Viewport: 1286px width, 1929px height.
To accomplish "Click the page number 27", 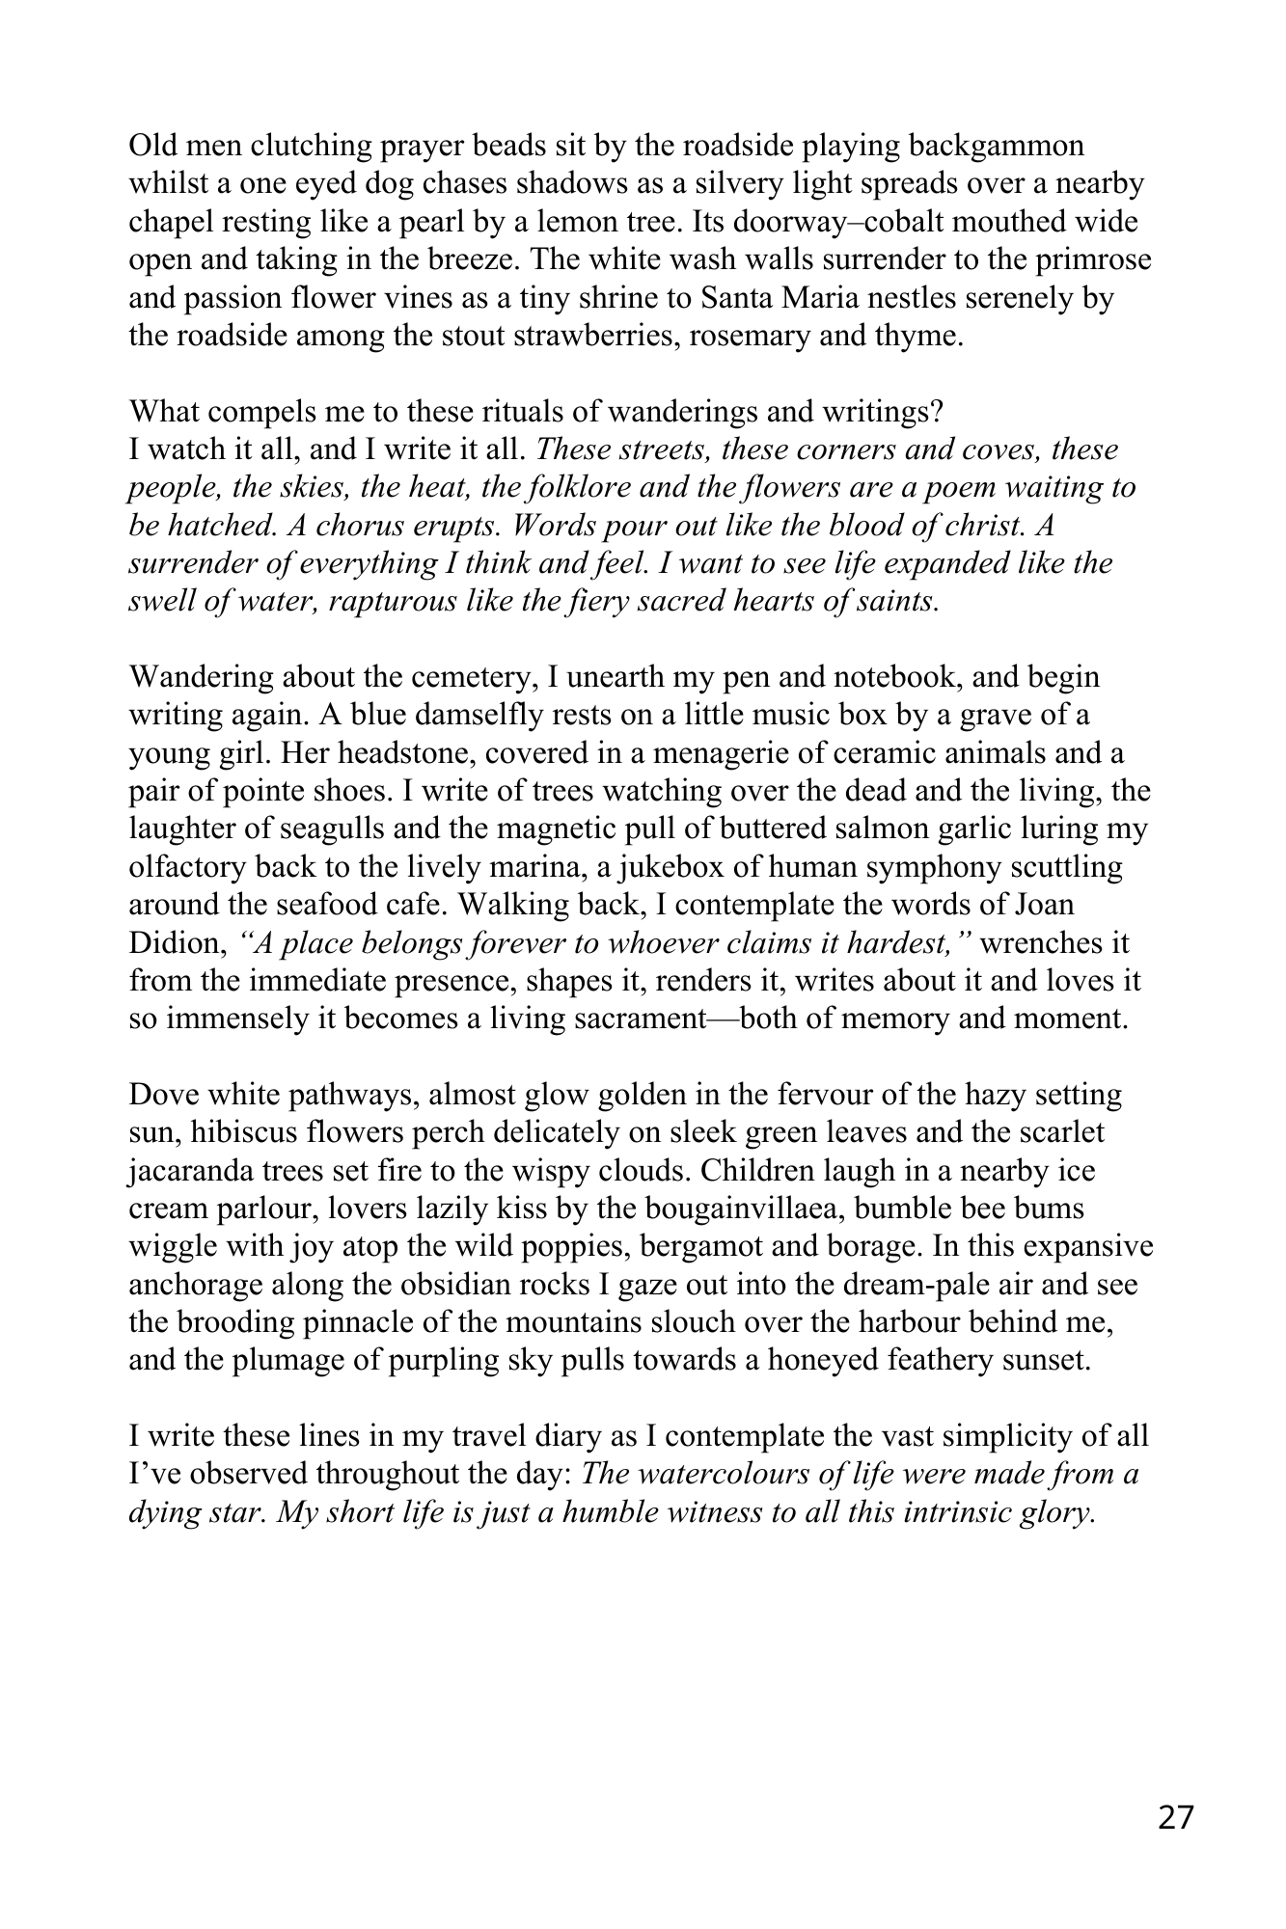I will [x=1175, y=1818].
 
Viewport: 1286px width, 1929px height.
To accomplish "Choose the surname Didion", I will [x=178, y=943].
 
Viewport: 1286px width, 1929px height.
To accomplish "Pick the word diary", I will [x=563, y=1437].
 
